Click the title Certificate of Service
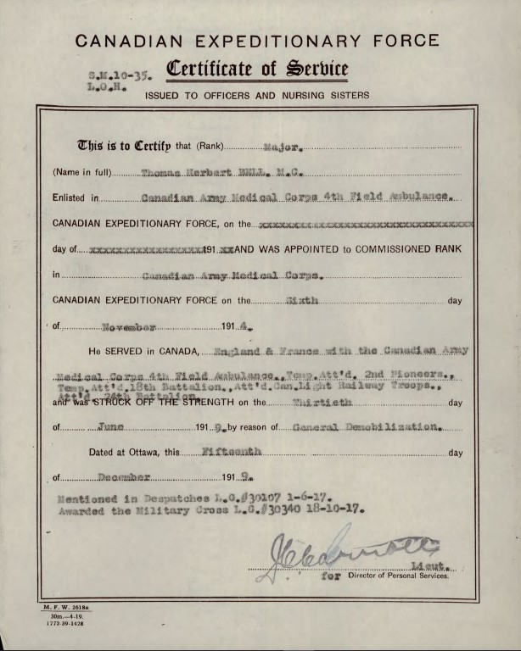(x=256, y=69)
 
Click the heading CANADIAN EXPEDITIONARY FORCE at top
(x=257, y=41)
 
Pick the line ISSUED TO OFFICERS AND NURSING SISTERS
(x=257, y=96)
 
